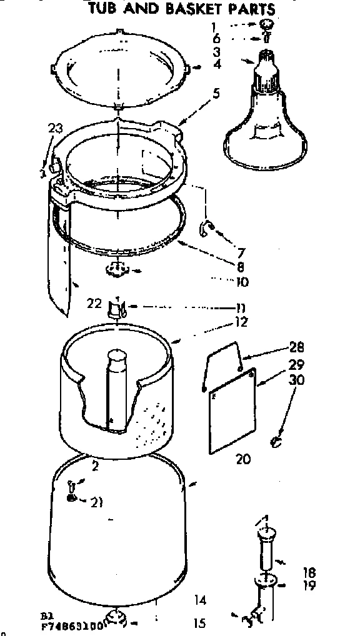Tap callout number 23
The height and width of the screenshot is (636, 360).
click(55, 129)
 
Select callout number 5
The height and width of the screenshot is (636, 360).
click(216, 95)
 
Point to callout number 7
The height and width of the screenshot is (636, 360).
click(241, 254)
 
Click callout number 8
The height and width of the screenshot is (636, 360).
click(241, 267)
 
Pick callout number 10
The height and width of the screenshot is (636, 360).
click(242, 282)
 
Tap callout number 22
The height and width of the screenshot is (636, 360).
click(94, 304)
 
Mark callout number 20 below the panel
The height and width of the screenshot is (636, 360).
click(242, 459)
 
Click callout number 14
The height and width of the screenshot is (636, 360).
click(200, 601)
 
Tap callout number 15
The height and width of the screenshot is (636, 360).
click(200, 623)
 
